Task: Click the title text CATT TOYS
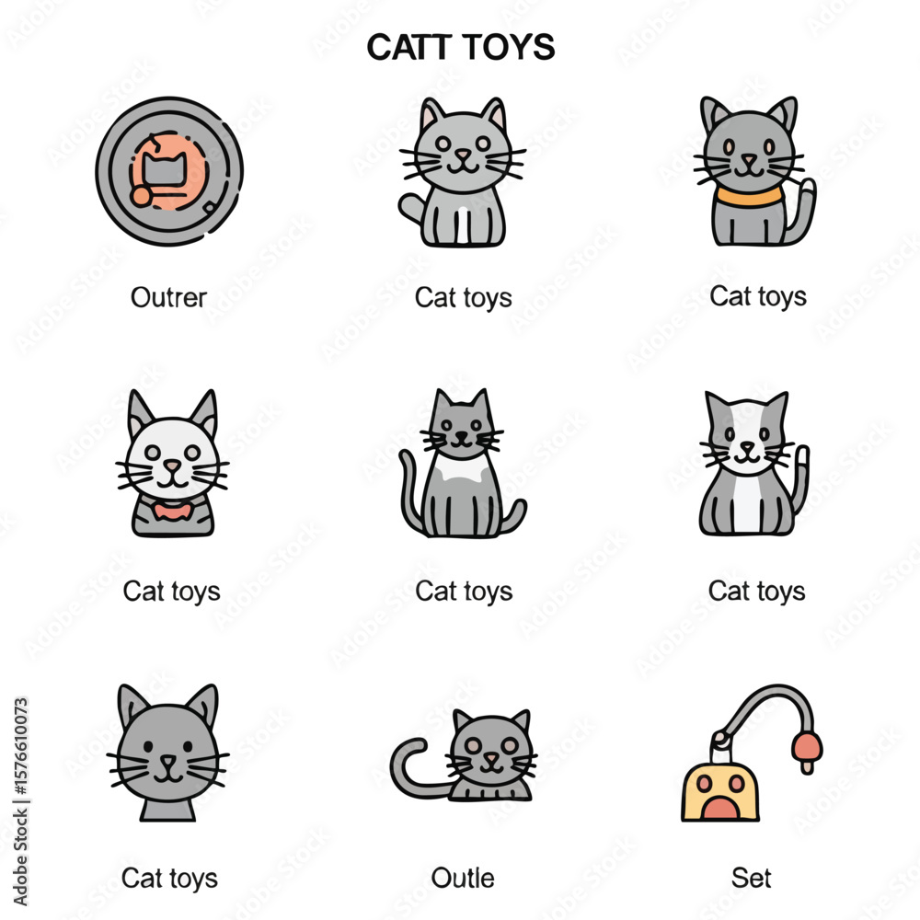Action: [x=461, y=47]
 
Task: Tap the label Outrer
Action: [x=169, y=297]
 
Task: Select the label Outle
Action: [x=463, y=879]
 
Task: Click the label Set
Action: [x=752, y=879]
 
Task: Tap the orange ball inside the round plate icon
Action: [x=141, y=196]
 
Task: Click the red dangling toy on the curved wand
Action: [x=808, y=751]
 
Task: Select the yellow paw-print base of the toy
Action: [x=720, y=793]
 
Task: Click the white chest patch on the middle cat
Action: [x=461, y=469]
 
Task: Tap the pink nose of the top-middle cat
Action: [x=463, y=155]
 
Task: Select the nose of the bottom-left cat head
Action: [x=168, y=761]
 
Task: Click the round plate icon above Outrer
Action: [x=169, y=171]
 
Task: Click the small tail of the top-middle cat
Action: [x=411, y=208]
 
